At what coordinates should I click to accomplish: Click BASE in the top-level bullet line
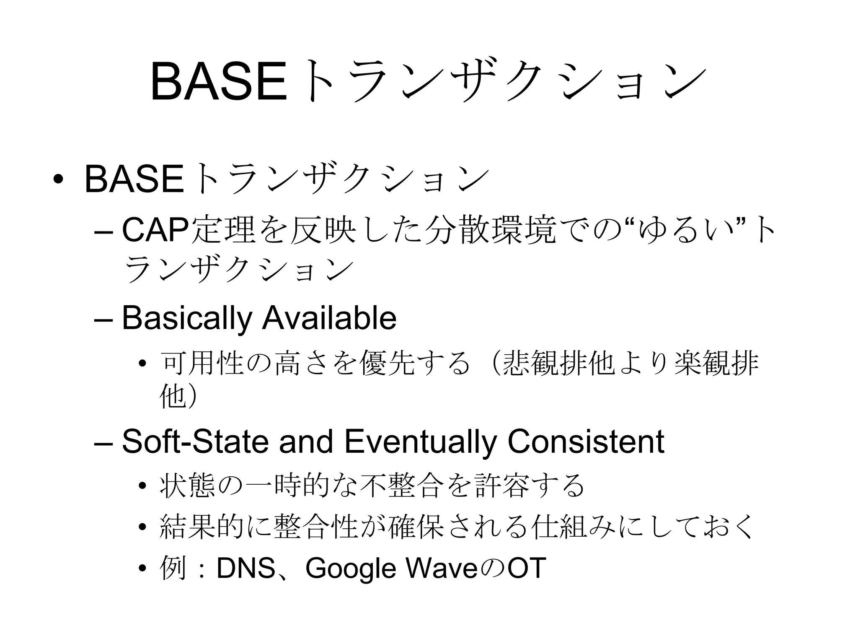134,179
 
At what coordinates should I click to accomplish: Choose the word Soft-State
195,441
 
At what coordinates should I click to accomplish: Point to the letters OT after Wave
527,568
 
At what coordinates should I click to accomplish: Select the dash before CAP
104,232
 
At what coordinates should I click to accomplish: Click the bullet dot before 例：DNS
142,569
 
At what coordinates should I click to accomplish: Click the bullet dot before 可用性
142,364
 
